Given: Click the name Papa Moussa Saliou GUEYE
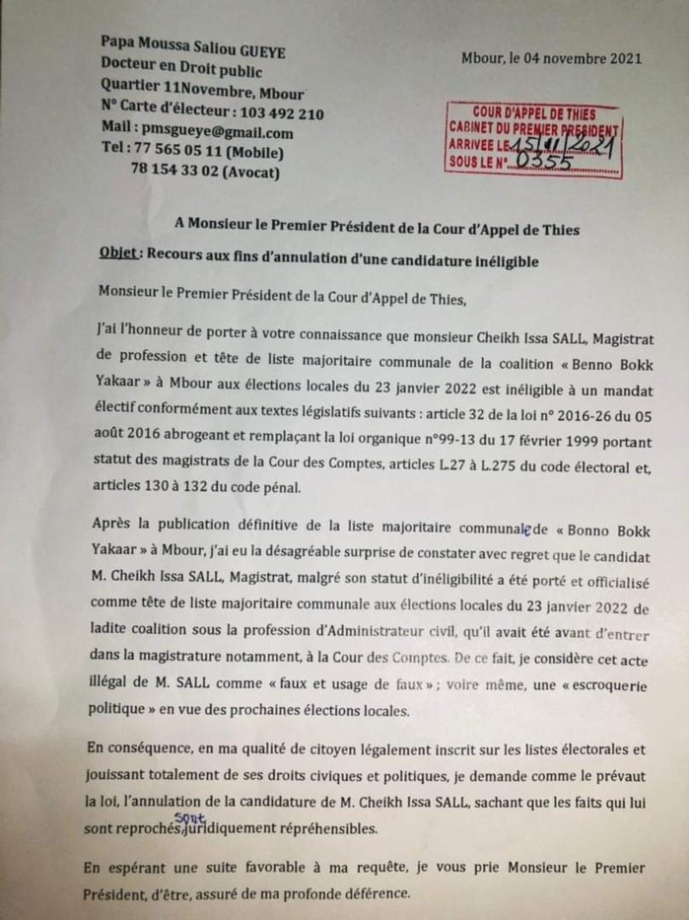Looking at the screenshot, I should click(x=193, y=45).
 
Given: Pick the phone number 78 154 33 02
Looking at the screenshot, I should click(x=173, y=173).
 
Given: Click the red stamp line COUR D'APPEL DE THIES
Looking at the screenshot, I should click(x=533, y=112).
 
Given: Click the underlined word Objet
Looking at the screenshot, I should click(x=118, y=251).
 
